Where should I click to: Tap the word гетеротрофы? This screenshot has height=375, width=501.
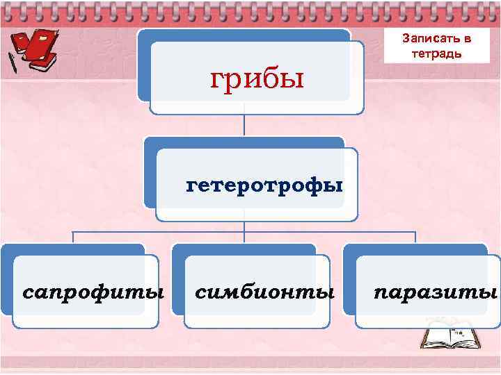[264, 185]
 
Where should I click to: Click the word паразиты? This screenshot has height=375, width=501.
[436, 290]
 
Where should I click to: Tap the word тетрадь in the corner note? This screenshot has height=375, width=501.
[436, 53]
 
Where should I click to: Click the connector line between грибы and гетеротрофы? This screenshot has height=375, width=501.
[244, 125]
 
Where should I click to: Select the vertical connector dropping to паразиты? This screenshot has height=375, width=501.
[415, 237]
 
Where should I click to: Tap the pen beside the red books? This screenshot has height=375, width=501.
[13, 62]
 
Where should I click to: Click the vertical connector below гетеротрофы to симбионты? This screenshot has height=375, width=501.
[244, 233]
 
